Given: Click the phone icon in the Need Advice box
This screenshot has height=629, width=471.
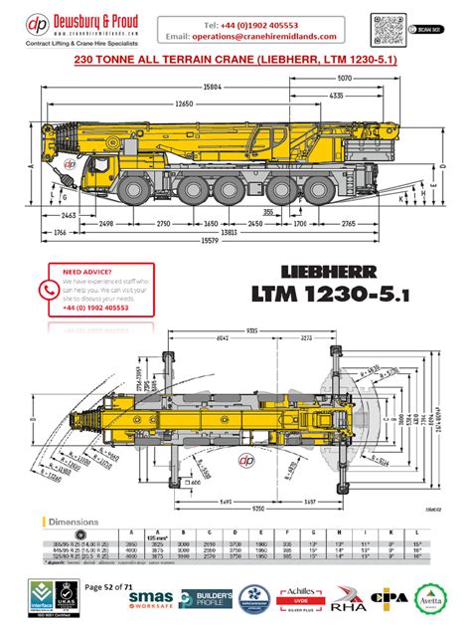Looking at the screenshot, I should coord(47,290).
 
